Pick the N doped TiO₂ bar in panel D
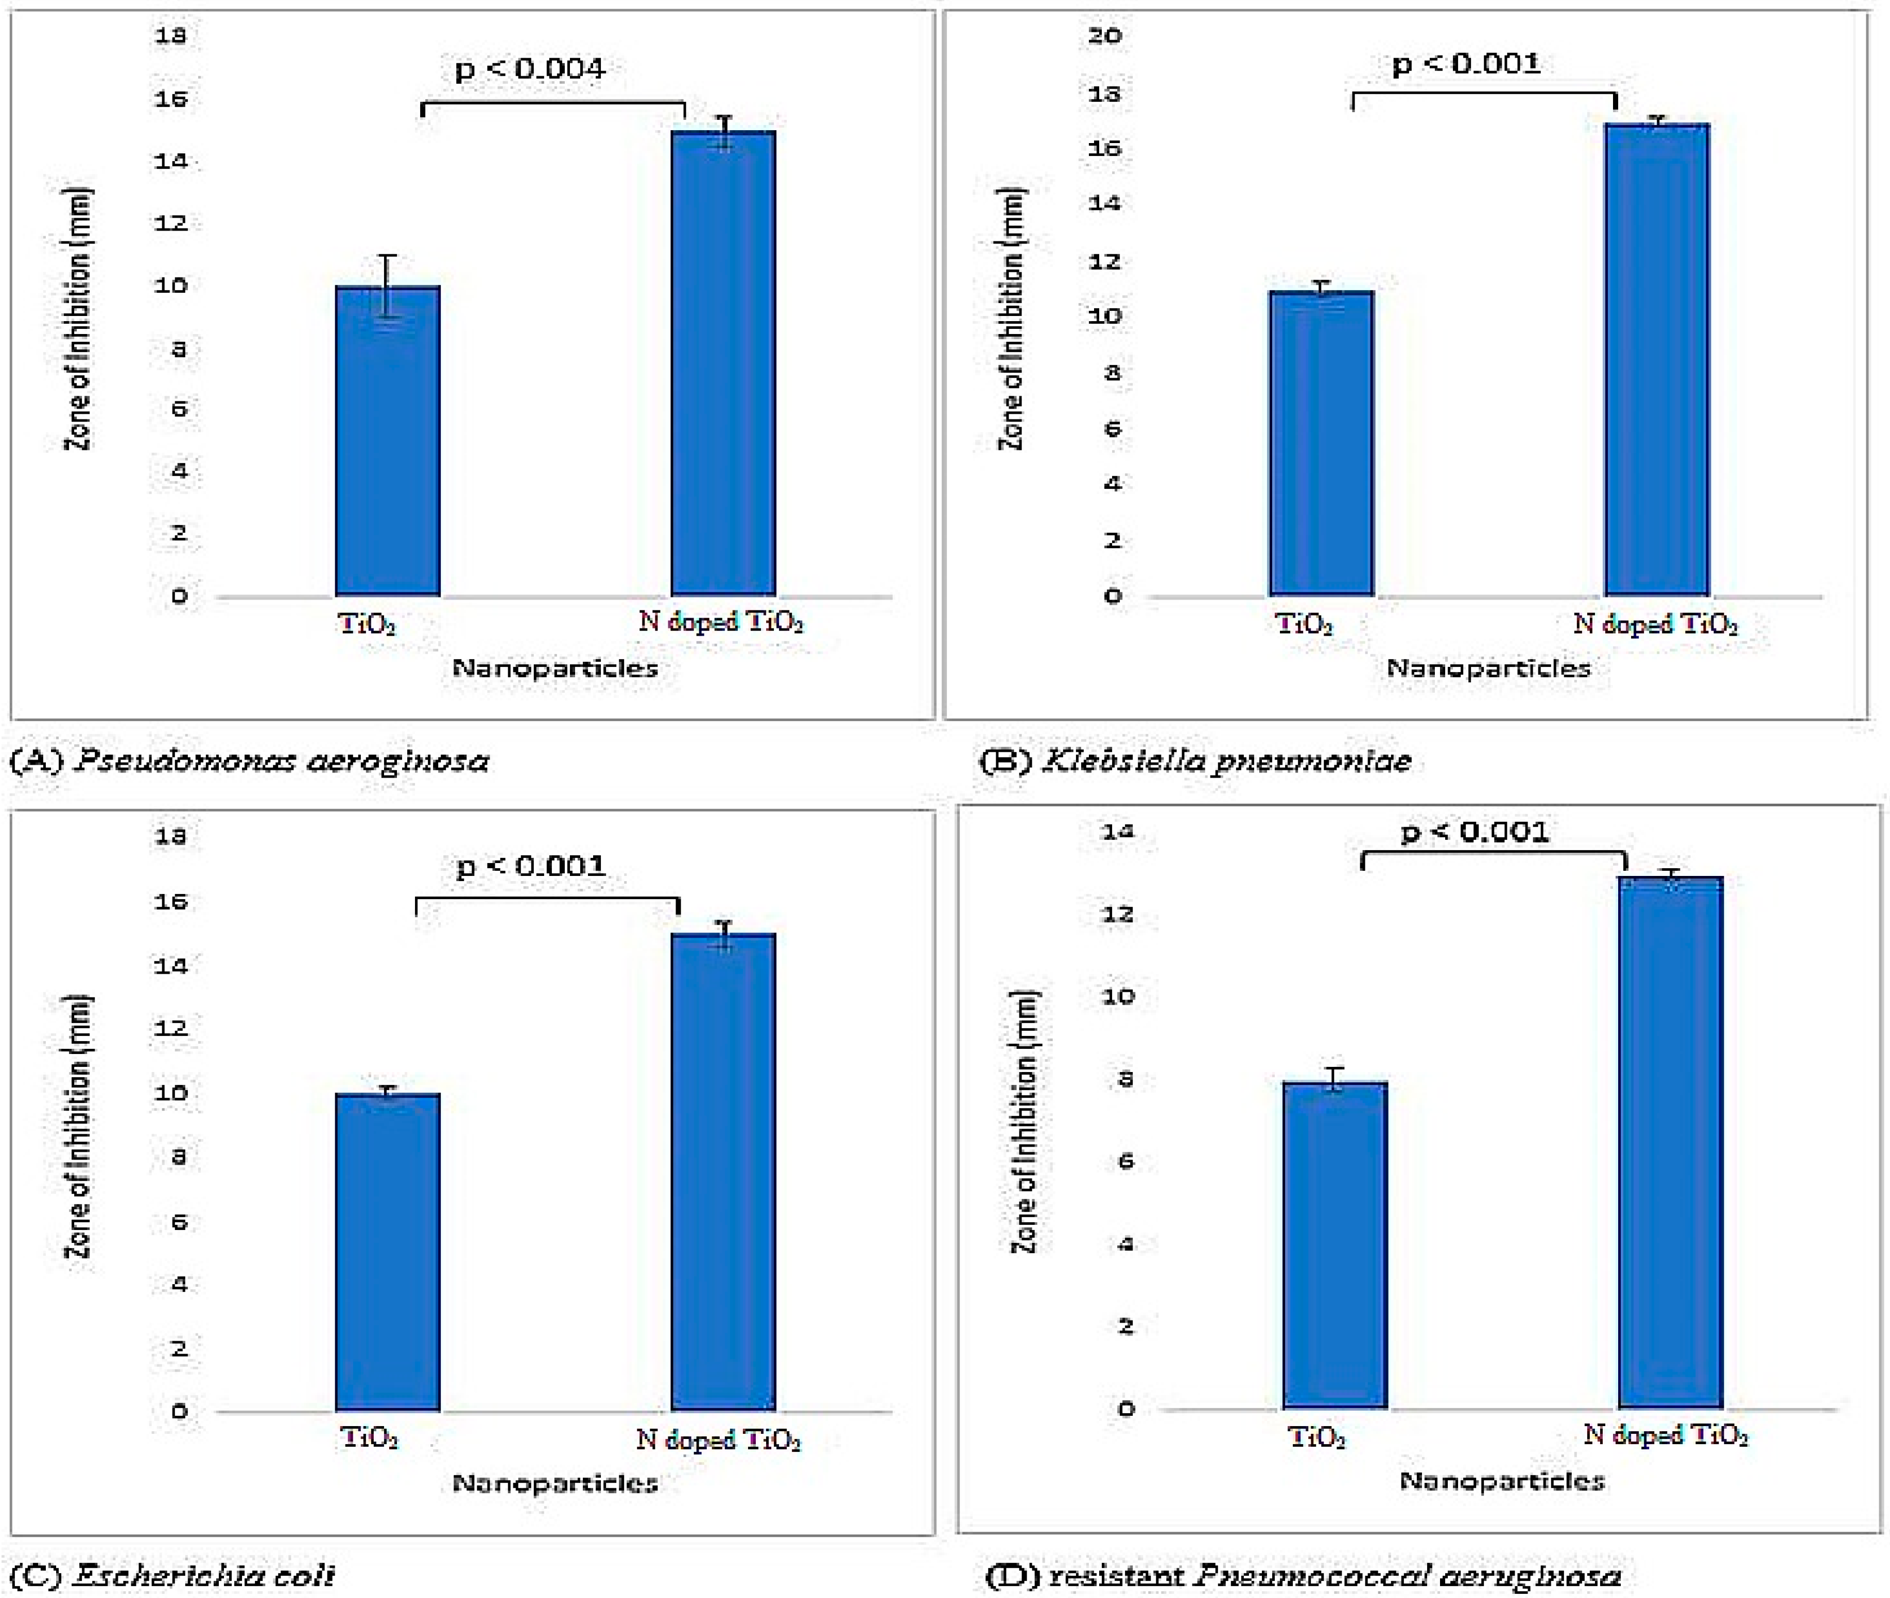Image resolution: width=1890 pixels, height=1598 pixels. click(x=1670, y=1142)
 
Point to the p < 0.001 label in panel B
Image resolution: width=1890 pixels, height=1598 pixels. click(x=1466, y=63)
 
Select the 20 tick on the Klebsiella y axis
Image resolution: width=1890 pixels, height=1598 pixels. click(x=1104, y=36)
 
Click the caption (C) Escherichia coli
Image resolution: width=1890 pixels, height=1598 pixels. click(x=172, y=1575)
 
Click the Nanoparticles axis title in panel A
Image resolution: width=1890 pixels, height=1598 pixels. click(x=554, y=669)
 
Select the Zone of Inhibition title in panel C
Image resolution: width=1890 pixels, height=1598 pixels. click(x=79, y=1126)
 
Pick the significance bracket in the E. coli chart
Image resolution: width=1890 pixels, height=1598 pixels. click(x=547, y=899)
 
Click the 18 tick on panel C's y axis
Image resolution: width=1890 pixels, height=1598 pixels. click(x=171, y=835)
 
